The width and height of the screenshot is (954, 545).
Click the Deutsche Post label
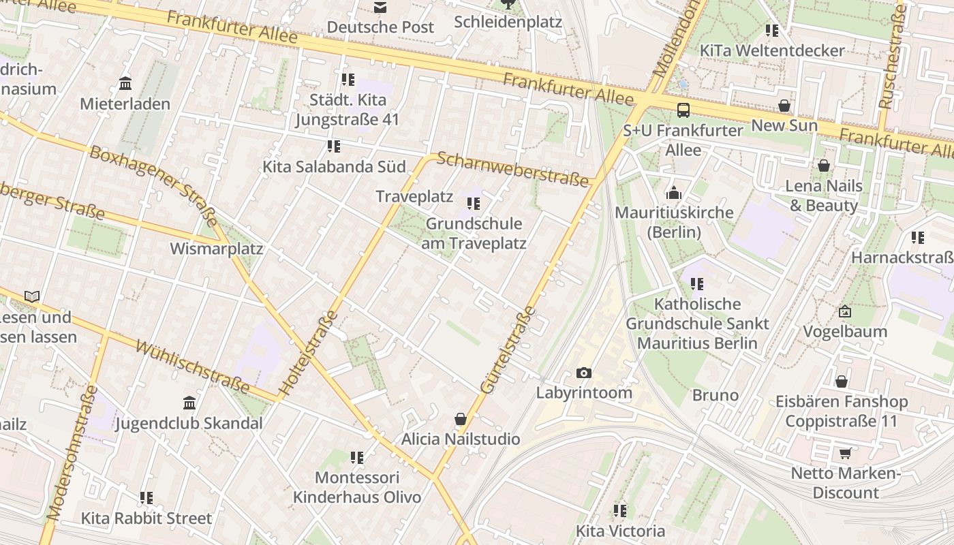[380, 27]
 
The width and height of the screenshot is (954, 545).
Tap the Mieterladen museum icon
[125, 84]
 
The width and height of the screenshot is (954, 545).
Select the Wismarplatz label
[216, 249]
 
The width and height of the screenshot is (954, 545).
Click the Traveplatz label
[414, 197]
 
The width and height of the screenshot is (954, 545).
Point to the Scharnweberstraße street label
[512, 170]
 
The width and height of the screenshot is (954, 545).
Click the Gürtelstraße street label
[508, 350]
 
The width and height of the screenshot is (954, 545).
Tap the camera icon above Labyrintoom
[584, 373]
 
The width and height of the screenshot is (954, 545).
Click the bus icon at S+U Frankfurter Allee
[683, 110]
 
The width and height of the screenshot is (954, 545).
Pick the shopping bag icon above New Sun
[784, 106]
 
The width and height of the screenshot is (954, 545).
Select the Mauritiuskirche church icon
[674, 193]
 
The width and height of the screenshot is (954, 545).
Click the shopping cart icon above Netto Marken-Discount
[846, 453]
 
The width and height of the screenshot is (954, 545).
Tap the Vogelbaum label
[845, 332]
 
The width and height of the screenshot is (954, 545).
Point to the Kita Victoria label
[620, 531]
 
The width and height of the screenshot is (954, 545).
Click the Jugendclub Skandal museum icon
[189, 403]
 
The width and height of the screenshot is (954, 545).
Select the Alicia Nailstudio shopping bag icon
[461, 419]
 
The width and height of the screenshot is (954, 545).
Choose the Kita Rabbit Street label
[147, 518]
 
